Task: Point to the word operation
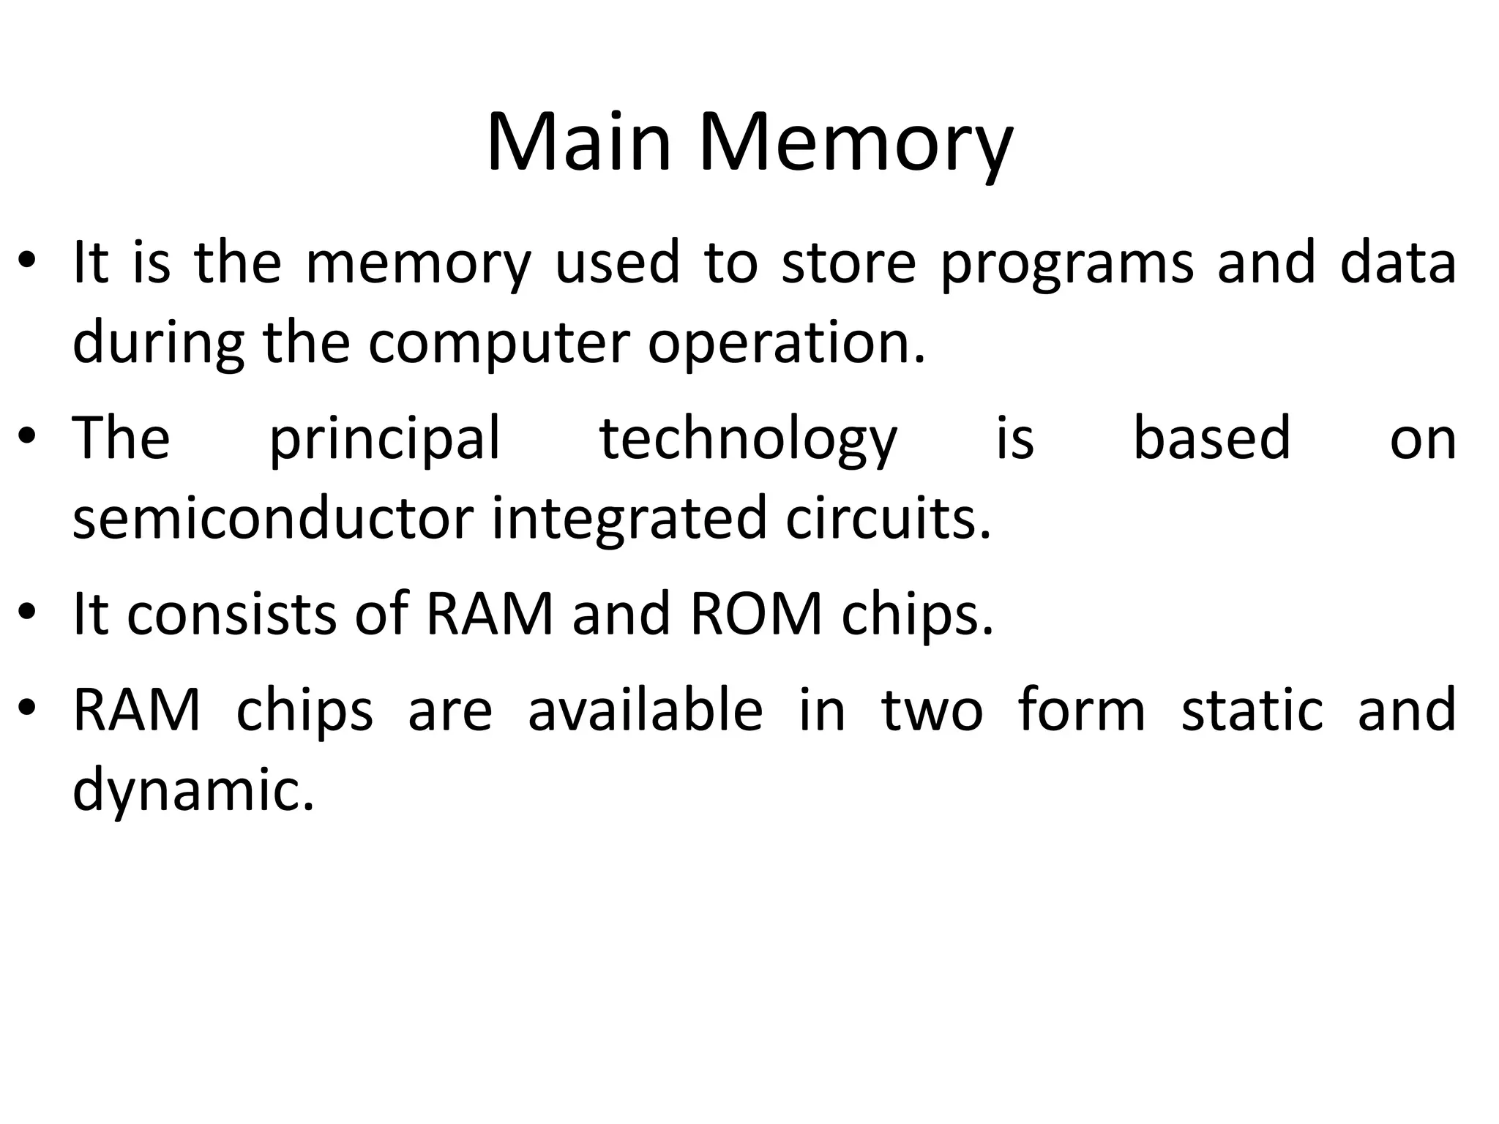click(x=786, y=344)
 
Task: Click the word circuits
click(x=888, y=518)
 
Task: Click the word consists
click(x=231, y=615)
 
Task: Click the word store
click(x=848, y=263)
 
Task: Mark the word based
click(x=1211, y=439)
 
